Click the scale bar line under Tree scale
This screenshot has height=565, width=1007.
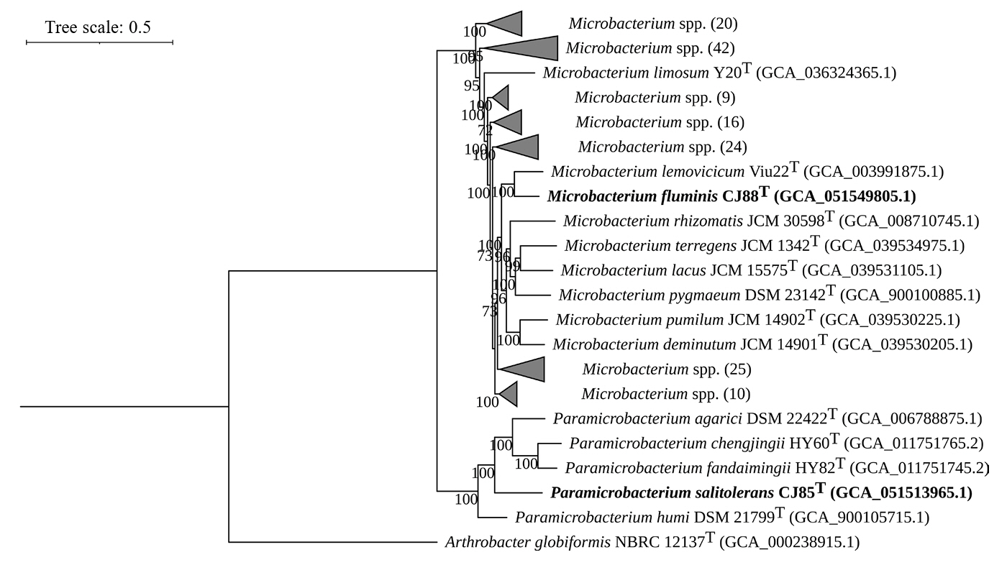tap(99, 42)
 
